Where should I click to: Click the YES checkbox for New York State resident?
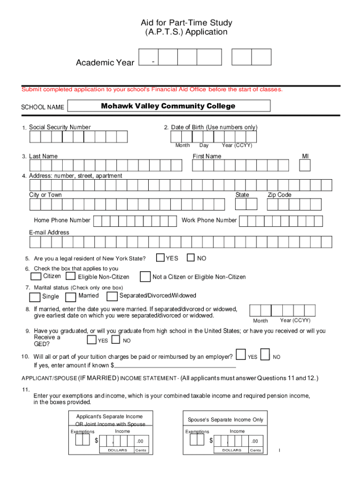click(160, 258)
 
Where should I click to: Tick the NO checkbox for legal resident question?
click(191, 258)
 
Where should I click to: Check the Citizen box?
click(36, 276)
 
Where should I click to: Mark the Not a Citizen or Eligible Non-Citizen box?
click(145, 277)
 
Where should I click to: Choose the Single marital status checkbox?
click(35, 297)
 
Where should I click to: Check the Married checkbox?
click(71, 297)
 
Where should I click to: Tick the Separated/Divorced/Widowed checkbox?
click(112, 296)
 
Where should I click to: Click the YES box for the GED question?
click(92, 340)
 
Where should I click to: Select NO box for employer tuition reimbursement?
click(265, 355)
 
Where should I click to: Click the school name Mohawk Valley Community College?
click(168, 106)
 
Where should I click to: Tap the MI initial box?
click(305, 166)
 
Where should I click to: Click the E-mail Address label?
click(49, 232)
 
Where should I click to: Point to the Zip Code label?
click(279, 195)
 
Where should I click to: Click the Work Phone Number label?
click(209, 220)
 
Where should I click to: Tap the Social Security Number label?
click(60, 127)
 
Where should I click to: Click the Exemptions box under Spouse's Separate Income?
click(197, 440)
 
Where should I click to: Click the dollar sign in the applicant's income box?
click(96, 441)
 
